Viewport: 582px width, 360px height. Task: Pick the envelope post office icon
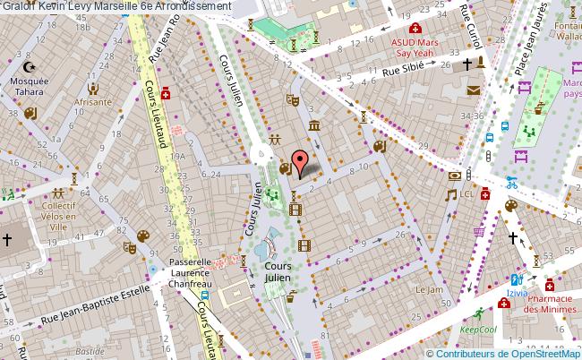tap(473, 89)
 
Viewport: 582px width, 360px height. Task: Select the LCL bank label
tap(466, 193)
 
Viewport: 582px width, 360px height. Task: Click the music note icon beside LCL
tap(451, 193)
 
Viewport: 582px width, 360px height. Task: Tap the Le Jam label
tap(429, 289)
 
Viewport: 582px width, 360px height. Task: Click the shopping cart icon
tap(479, 231)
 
